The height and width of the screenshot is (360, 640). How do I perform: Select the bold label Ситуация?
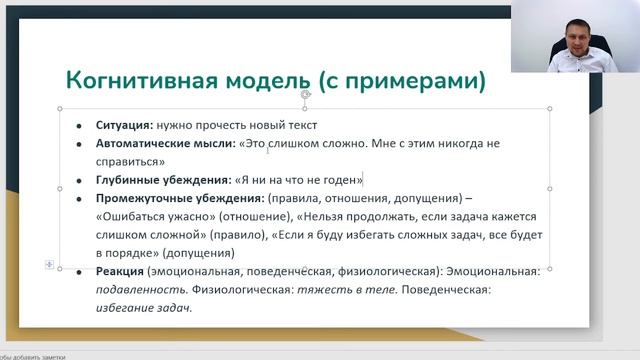click(x=125, y=126)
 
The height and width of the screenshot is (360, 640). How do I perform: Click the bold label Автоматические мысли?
click(x=166, y=144)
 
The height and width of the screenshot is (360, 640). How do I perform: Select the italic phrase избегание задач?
click(x=144, y=308)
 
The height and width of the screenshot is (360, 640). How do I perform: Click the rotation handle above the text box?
click(x=305, y=95)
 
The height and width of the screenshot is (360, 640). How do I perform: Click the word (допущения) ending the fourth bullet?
click(x=196, y=253)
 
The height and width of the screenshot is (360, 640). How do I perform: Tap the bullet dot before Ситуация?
click(x=79, y=127)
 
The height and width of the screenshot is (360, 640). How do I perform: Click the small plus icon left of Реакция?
click(x=49, y=263)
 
